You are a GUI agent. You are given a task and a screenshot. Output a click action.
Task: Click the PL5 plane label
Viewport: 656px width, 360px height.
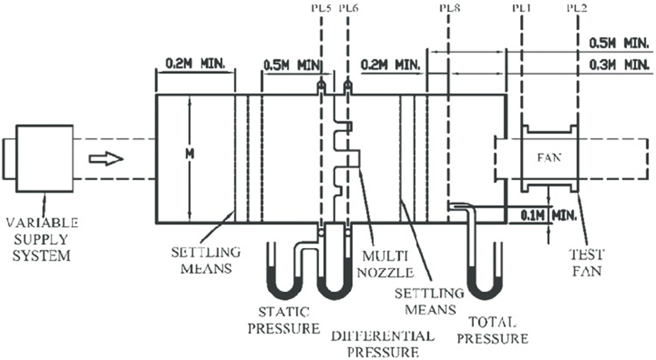pyautogui.click(x=321, y=8)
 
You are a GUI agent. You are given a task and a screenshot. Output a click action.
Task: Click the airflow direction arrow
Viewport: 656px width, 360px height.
pyautogui.click(x=105, y=158)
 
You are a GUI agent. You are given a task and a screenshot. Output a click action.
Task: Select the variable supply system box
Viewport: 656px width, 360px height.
pyautogui.click(x=44, y=158)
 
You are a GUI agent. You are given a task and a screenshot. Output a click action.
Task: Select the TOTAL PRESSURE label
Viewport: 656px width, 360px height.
pyautogui.click(x=499, y=330)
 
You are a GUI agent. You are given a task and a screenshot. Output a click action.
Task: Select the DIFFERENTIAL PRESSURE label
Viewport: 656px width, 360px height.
pyautogui.click(x=382, y=344)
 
